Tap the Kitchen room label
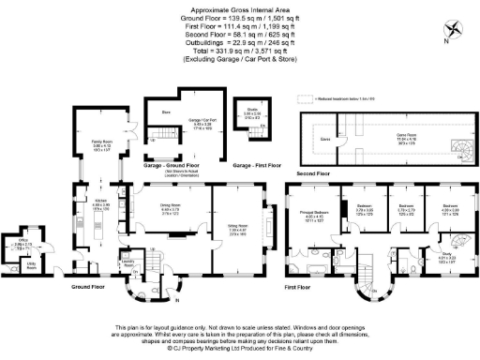click(101, 202)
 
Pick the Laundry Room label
click(129, 266)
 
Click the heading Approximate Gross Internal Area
click(239, 6)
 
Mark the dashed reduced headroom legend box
click(305, 97)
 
